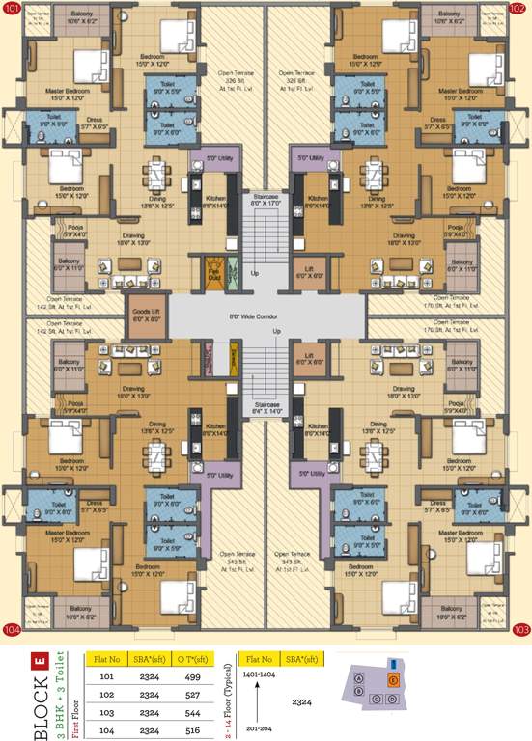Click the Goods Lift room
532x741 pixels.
[x=146, y=315]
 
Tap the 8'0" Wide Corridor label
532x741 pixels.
[x=266, y=314]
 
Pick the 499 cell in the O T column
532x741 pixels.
[x=190, y=676]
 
